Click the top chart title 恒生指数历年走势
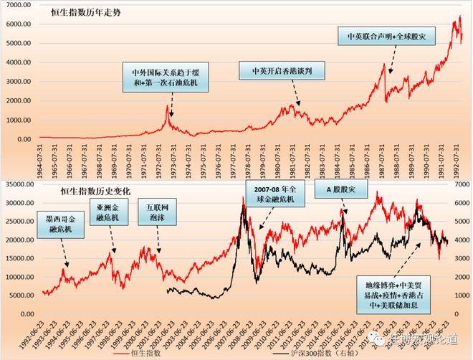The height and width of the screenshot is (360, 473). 85,12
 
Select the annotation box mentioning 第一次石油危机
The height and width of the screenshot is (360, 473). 161,79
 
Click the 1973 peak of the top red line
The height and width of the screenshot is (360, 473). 168,106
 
